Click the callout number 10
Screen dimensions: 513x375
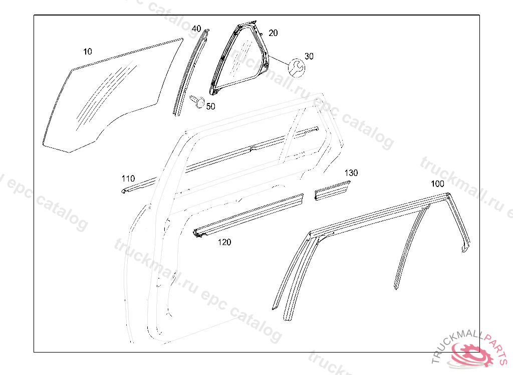click(x=88, y=51)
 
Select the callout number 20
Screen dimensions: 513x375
click(x=273, y=33)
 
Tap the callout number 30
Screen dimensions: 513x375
click(x=309, y=56)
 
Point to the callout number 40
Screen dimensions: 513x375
click(x=196, y=28)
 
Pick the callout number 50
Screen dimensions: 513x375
click(x=210, y=106)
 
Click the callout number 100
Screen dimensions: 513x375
click(x=437, y=184)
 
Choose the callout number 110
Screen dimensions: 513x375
click(x=128, y=178)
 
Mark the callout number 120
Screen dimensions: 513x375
click(x=224, y=242)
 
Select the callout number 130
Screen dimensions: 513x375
click(x=351, y=173)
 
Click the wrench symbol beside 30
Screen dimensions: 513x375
click(x=296, y=67)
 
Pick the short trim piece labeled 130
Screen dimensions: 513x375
click(x=331, y=191)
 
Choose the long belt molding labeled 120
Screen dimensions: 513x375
click(x=250, y=215)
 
